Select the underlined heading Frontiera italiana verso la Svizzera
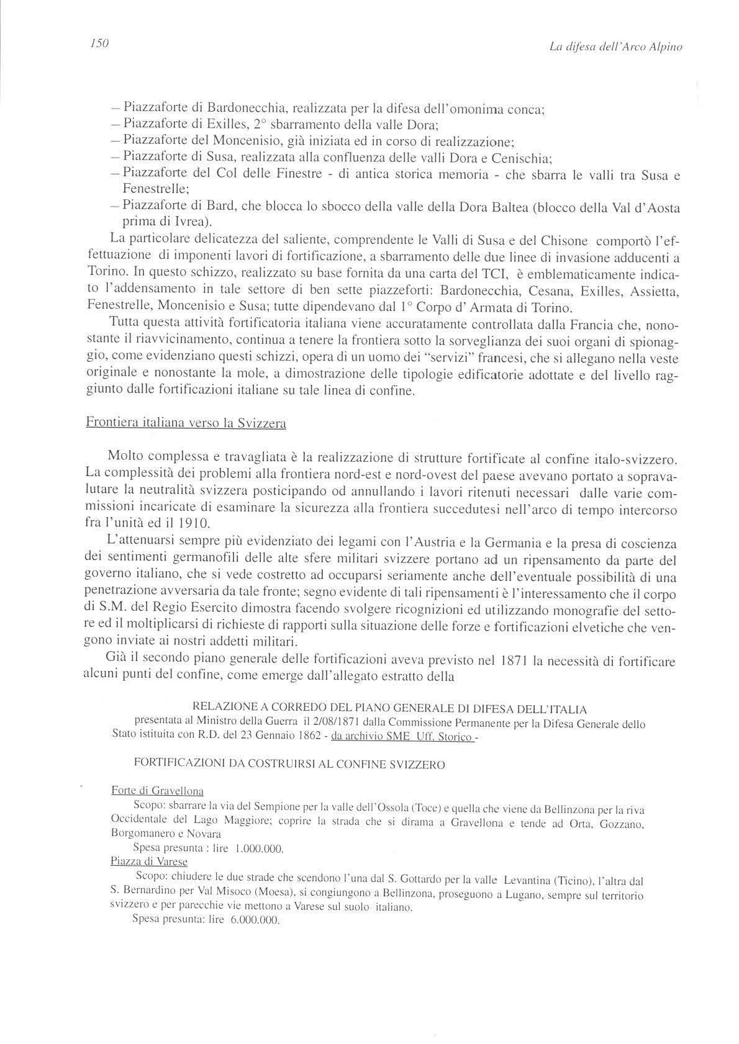click(x=186, y=424)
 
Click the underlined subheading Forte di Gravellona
click(x=157, y=791)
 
